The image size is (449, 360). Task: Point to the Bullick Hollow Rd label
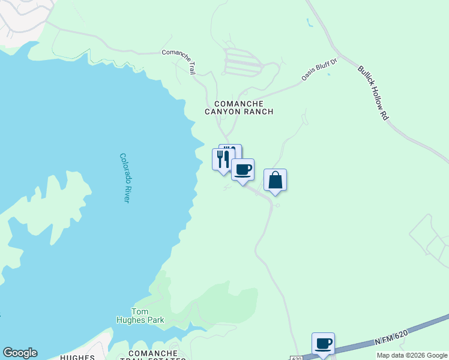(x=372, y=93)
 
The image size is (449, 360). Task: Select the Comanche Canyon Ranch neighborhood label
(x=239, y=107)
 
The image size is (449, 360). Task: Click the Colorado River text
(x=125, y=178)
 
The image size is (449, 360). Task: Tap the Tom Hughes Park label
(x=140, y=316)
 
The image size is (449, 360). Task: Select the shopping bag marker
(x=275, y=179)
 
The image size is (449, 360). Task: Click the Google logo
(x=20, y=353)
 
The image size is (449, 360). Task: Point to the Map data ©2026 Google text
(x=412, y=355)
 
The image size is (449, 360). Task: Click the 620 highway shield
(x=297, y=358)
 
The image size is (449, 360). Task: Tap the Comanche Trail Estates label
(x=153, y=355)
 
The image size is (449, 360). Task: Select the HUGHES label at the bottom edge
(x=77, y=358)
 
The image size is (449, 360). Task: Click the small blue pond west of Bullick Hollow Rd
(x=309, y=23)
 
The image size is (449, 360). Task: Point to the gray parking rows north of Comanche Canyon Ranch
(x=243, y=62)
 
